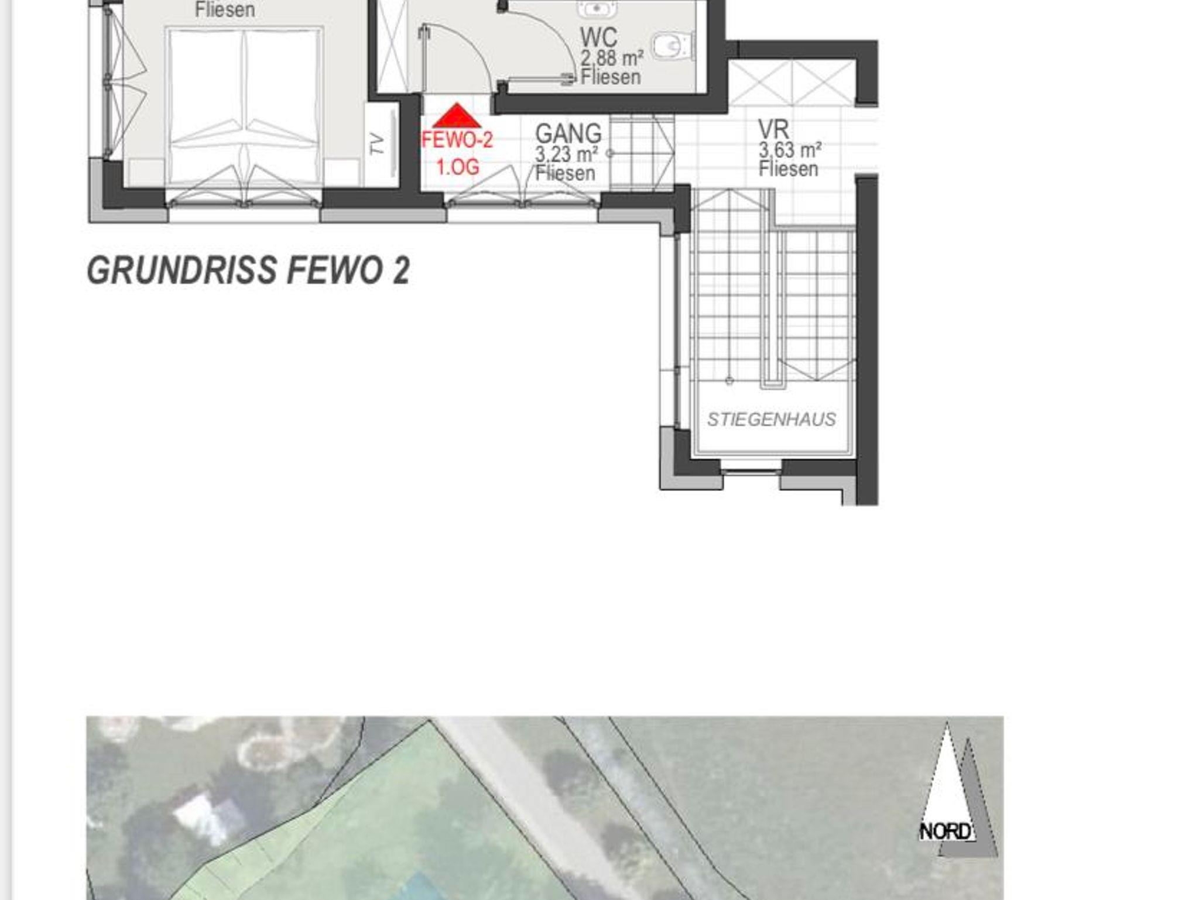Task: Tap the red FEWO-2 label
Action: pyautogui.click(x=457, y=140)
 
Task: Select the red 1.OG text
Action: pyautogui.click(x=458, y=167)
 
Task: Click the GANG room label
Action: pyautogui.click(x=568, y=133)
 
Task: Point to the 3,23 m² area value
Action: pyautogui.click(x=566, y=154)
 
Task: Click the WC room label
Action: pyautogui.click(x=598, y=37)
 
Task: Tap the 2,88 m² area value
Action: pyautogui.click(x=612, y=59)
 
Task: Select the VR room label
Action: pyautogui.click(x=773, y=129)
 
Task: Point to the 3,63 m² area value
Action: pyautogui.click(x=790, y=150)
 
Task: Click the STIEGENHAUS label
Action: pyautogui.click(x=772, y=420)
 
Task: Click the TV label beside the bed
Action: pyautogui.click(x=378, y=144)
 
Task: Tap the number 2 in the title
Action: pyautogui.click(x=401, y=271)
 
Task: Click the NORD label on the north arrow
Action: pyautogui.click(x=946, y=832)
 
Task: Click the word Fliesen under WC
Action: pyautogui.click(x=611, y=77)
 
